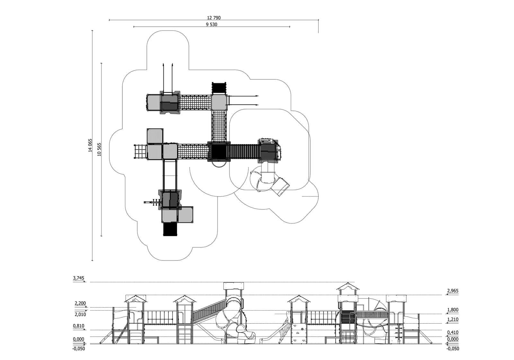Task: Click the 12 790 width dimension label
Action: pos(214,18)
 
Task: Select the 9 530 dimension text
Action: pos(211,24)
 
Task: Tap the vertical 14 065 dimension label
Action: pos(90,145)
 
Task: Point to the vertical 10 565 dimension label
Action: pos(99,149)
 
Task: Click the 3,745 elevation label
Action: pos(78,278)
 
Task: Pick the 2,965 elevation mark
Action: pos(452,291)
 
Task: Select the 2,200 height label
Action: pos(80,303)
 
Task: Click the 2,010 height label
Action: pos(80,314)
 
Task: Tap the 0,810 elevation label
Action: pos(78,326)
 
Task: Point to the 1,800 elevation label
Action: pos(452,310)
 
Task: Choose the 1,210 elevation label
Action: pos(452,320)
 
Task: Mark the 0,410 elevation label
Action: pos(452,332)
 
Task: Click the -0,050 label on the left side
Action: pos(78,348)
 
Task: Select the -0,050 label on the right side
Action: pos(452,348)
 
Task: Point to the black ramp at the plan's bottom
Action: pos(170,229)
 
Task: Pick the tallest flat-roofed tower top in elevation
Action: pos(234,286)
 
